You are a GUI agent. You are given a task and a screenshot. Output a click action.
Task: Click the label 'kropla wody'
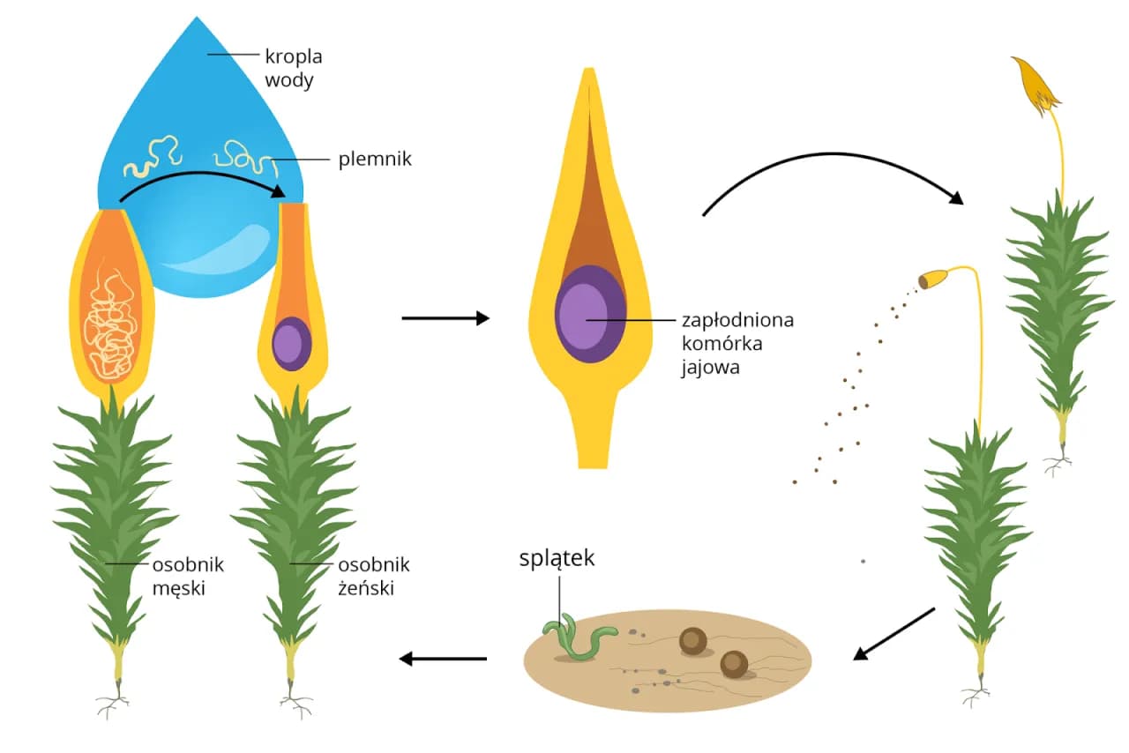point(294,68)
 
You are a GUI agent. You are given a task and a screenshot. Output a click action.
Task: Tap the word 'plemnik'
point(375,160)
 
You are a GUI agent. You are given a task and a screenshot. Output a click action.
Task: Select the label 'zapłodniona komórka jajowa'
point(737,343)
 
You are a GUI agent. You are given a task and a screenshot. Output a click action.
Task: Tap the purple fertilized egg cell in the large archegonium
point(590,315)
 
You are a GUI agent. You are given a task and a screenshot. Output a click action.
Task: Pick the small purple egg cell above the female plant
point(290,343)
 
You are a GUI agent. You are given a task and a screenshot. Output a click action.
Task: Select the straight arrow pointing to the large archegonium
point(445,318)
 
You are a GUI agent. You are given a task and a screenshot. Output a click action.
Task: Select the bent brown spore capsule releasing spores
point(932,280)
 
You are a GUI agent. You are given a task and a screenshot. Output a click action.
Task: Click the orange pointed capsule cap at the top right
point(1035,86)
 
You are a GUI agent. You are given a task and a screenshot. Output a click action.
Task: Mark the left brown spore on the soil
point(693,641)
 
